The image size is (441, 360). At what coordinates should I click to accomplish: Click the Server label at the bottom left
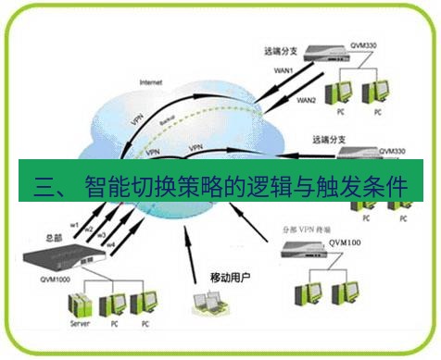[x=80, y=325]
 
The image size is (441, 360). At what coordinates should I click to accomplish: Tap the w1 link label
[x=75, y=223]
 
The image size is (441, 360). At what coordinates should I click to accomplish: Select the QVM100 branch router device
[x=315, y=246]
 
